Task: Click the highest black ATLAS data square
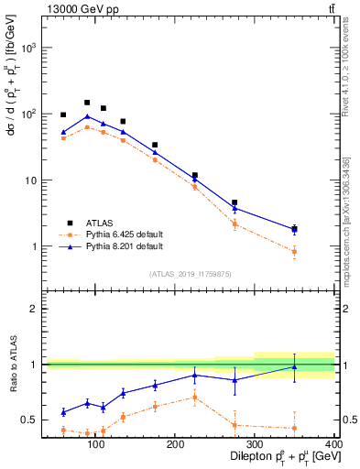tap(87, 103)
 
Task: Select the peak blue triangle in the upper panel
tap(87, 116)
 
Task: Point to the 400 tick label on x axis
tap(334, 446)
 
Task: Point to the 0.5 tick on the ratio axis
tap(28, 420)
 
